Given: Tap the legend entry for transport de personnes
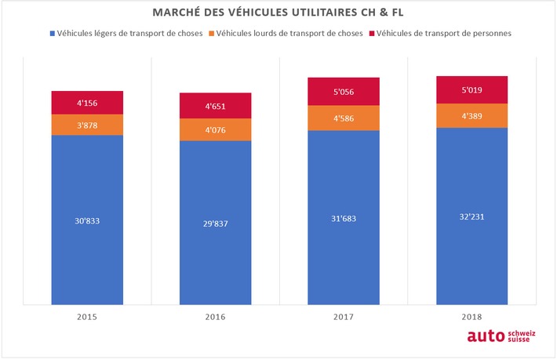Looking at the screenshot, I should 444,34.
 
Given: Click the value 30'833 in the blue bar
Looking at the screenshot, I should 87,220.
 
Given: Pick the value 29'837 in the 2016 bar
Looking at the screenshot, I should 215,224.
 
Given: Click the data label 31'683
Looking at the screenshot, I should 343,218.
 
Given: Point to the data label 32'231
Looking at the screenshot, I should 471,216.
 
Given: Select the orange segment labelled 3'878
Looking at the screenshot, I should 87,125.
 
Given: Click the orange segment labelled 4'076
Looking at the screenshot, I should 215,129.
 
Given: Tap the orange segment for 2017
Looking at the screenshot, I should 343,118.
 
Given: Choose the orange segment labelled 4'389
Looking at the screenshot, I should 471,115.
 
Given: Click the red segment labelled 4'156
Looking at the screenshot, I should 87,102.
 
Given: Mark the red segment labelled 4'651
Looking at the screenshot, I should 215,105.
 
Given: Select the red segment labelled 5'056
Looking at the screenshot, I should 343,91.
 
